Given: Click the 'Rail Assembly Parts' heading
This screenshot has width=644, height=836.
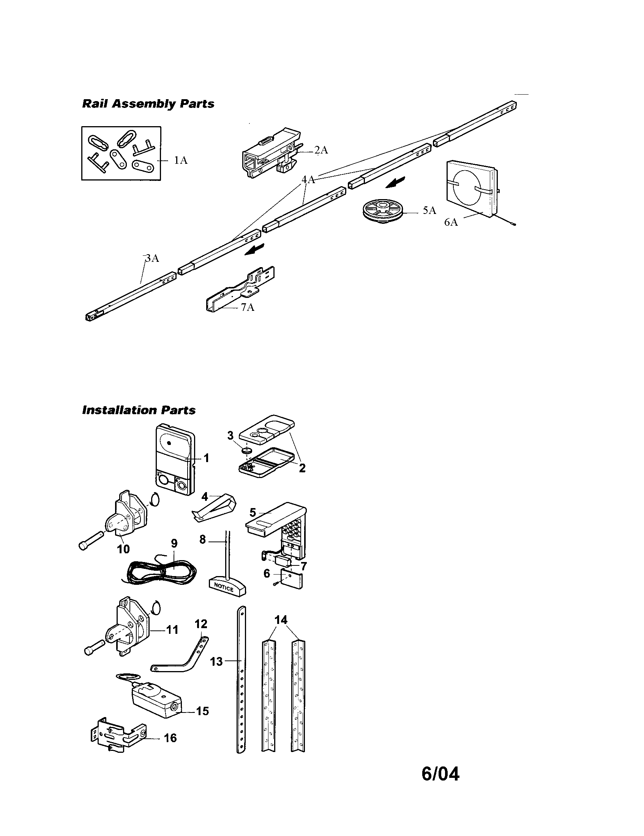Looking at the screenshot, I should point(148,104).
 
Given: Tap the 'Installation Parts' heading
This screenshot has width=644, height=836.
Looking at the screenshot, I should point(139,410).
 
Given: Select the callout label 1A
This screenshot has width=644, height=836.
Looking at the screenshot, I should point(180,160).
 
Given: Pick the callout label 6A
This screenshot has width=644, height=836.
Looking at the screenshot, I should point(451,222).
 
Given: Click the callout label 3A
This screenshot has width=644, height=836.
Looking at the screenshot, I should point(152,258).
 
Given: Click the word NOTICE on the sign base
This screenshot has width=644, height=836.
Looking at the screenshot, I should point(224,587).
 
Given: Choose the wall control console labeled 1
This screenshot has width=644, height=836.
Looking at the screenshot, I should point(174,459).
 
